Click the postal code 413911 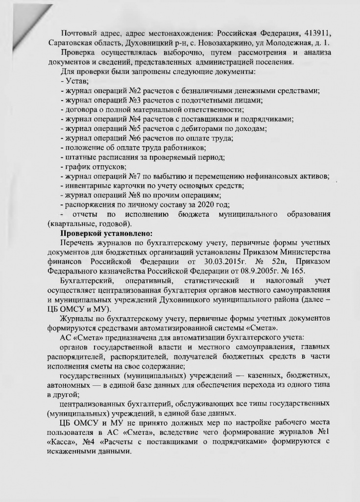(x=310, y=32)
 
